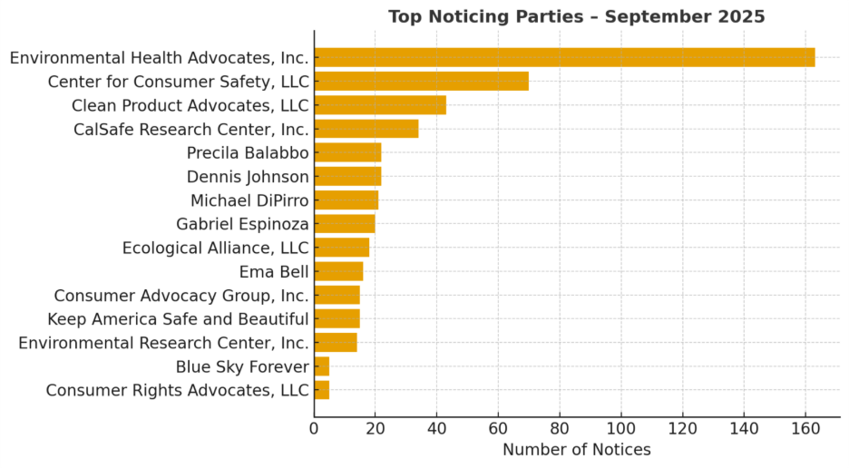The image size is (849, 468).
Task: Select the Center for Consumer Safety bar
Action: (421, 82)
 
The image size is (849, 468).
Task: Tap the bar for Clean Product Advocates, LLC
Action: (380, 105)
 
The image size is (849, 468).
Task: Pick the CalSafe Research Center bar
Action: (366, 129)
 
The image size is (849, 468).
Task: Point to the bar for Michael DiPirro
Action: (346, 200)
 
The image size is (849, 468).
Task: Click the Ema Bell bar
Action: (338, 271)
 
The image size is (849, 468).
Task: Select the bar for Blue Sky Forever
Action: (322, 366)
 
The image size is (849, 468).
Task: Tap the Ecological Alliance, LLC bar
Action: (342, 248)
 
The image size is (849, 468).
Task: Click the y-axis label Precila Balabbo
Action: (248, 152)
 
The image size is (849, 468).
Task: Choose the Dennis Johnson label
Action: (248, 177)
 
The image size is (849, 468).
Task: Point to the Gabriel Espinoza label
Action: (242, 224)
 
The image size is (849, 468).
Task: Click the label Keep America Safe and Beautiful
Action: (178, 319)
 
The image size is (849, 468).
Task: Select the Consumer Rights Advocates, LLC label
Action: (178, 391)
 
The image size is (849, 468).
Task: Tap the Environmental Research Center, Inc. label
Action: (163, 343)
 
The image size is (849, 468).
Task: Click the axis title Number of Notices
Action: (576, 450)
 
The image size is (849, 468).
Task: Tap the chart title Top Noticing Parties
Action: (576, 16)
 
